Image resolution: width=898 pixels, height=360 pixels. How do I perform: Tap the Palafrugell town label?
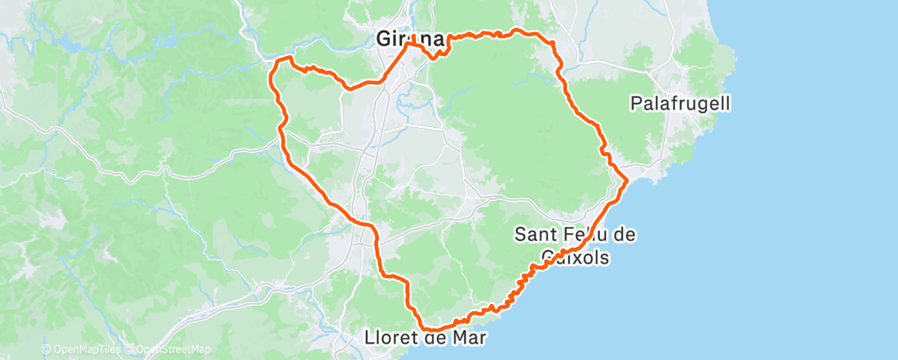tap(680, 104)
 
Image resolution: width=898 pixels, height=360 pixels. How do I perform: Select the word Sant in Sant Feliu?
tap(534, 234)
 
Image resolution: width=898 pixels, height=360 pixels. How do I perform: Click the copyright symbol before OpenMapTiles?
tap(45, 349)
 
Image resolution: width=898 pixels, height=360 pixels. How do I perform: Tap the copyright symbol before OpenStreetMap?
tap(130, 349)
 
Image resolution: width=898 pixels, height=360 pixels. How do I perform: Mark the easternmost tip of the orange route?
tap(628, 179)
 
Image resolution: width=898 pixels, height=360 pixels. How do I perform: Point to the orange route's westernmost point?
tap(270, 78)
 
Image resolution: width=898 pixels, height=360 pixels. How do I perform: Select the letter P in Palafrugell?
tap(636, 104)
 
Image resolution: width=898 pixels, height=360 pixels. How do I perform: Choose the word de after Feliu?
tap(625, 234)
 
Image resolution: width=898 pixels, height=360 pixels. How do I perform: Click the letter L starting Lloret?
tap(369, 338)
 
